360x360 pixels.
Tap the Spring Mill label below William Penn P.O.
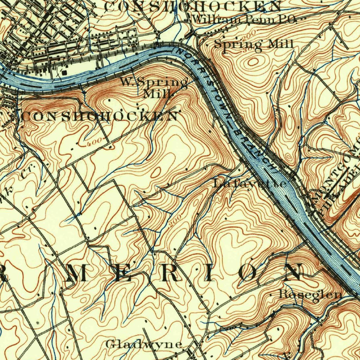(253, 44)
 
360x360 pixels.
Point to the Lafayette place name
(250, 183)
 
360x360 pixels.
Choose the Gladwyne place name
(144, 344)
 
